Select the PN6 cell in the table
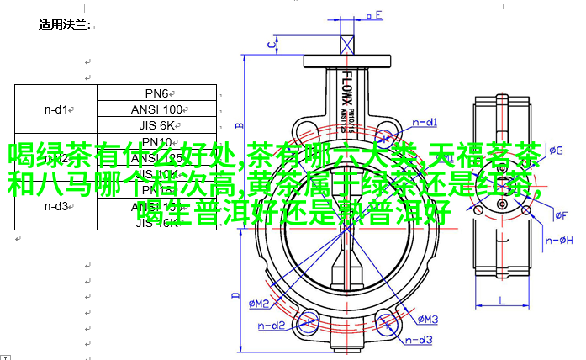tap(156, 93)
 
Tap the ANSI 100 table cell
tap(157, 109)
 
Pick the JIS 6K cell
tap(157, 126)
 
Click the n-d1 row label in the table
tap(56, 109)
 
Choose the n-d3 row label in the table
tap(56, 206)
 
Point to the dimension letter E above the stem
tap(378, 15)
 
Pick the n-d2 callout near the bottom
tap(272, 324)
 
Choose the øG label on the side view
tap(556, 151)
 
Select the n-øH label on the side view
tap(559, 241)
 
